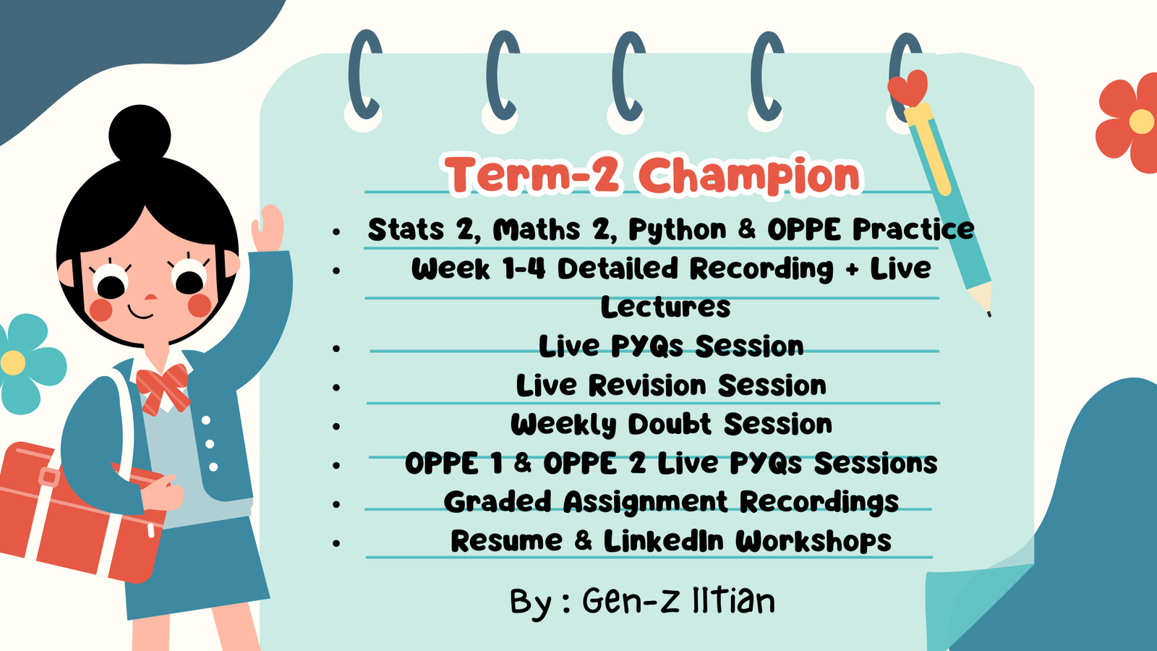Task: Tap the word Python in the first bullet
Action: click(x=678, y=230)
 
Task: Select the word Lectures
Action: click(x=666, y=307)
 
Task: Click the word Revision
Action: click(x=647, y=386)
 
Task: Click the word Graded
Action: click(x=498, y=502)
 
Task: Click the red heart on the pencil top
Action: click(x=908, y=88)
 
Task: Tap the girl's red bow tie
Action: click(x=163, y=388)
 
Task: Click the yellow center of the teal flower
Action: click(x=14, y=362)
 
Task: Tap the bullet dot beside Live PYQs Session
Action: click(x=337, y=349)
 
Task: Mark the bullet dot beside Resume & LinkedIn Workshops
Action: click(x=337, y=543)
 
